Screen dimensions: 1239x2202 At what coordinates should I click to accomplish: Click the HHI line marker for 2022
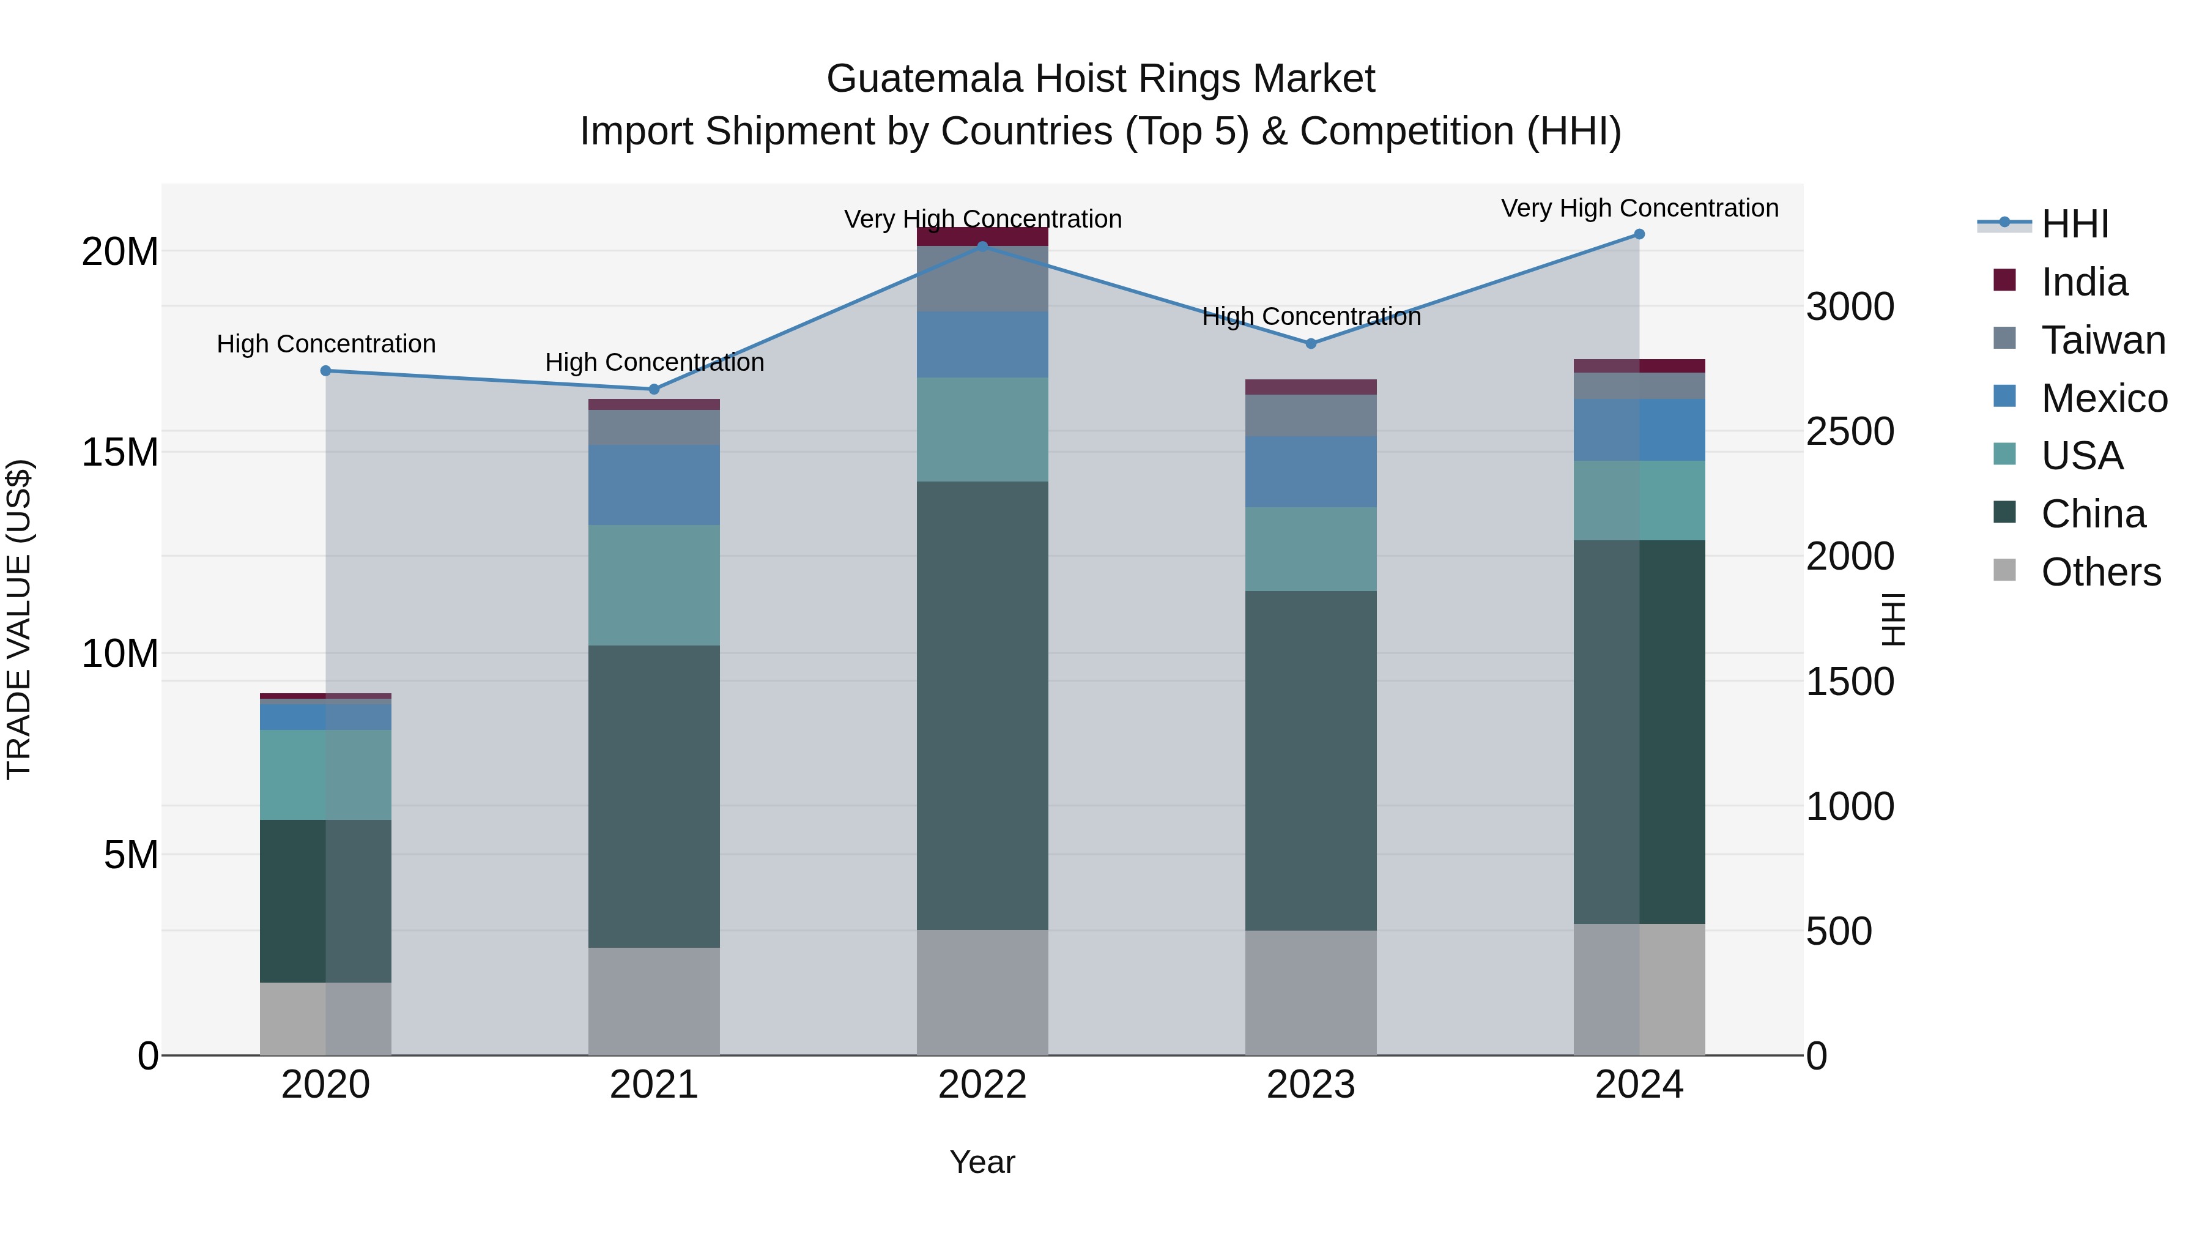(982, 246)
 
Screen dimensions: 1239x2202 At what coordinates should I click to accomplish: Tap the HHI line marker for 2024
(1639, 234)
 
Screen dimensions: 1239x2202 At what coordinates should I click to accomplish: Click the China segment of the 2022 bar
(982, 705)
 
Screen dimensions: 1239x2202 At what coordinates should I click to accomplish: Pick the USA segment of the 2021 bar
(654, 585)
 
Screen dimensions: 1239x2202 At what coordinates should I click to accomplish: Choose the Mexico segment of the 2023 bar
(1310, 472)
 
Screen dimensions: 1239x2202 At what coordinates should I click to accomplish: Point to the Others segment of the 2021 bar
(654, 1000)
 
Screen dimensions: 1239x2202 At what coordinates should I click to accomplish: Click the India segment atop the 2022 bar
(982, 237)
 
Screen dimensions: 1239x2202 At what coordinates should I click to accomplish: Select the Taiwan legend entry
(2103, 340)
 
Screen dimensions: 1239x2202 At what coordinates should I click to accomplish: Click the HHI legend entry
(2075, 224)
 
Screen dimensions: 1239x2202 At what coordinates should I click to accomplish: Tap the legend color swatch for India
(2004, 280)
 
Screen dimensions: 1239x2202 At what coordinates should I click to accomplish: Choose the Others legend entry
(2100, 572)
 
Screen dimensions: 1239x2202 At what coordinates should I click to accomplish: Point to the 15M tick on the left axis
(120, 452)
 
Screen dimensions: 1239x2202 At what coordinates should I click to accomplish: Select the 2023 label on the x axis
(1310, 1085)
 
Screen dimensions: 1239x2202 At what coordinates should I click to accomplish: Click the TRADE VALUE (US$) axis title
(19, 619)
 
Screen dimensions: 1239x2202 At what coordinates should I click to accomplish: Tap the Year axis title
(982, 1162)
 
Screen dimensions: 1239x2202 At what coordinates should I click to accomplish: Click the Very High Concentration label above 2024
(1639, 208)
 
